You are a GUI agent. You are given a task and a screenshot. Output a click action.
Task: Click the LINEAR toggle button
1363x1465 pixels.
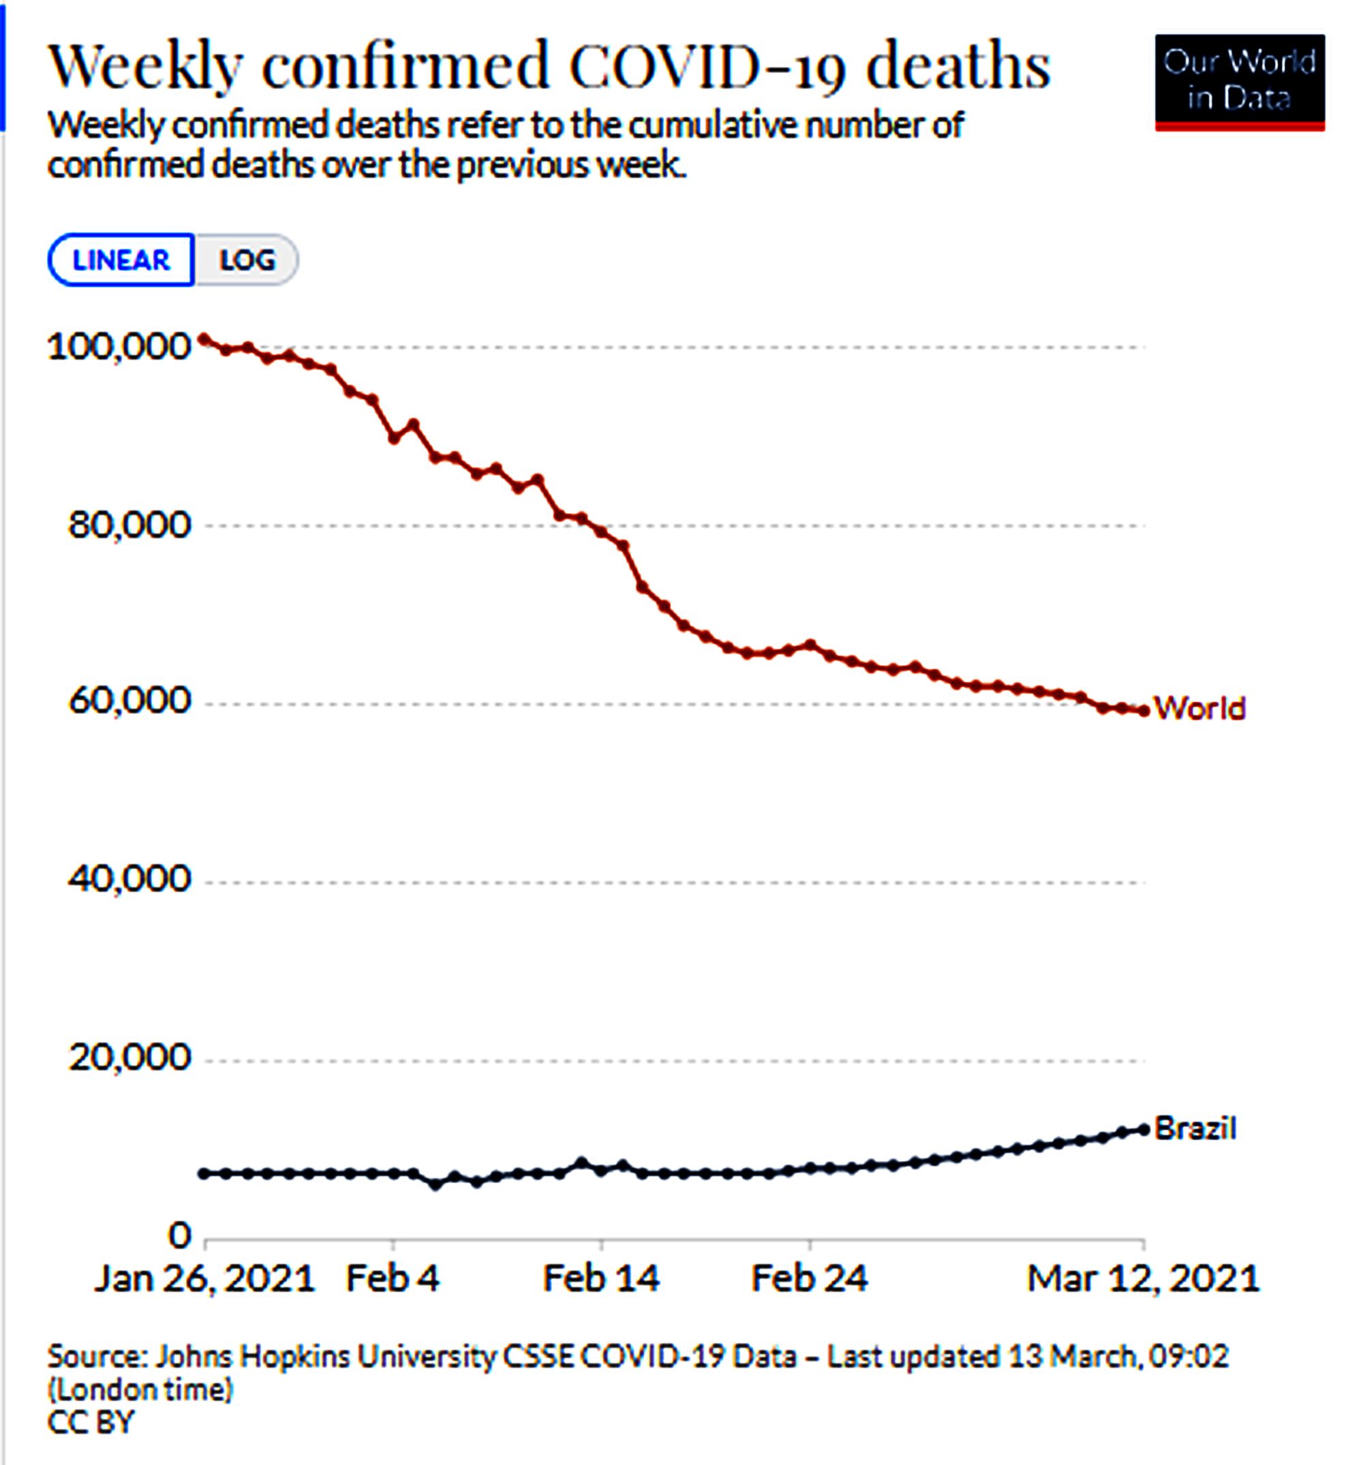121,260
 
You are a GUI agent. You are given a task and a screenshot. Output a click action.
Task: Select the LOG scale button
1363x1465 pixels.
247,260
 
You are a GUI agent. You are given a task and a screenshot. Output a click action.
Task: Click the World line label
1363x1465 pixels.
1199,708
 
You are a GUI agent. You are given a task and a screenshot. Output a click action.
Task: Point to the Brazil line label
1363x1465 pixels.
1195,1128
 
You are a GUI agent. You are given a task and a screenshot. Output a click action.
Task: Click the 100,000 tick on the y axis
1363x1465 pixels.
119,346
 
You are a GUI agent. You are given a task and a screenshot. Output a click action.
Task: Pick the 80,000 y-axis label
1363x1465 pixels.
129,525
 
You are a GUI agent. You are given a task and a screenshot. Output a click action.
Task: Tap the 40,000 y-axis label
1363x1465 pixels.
129,879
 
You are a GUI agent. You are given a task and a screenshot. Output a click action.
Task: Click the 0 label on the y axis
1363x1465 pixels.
179,1235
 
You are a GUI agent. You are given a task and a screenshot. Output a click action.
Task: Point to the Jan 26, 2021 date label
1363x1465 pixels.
205,1278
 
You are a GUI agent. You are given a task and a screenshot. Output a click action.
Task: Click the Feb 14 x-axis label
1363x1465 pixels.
601,1278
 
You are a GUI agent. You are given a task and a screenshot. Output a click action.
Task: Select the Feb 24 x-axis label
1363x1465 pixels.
809,1278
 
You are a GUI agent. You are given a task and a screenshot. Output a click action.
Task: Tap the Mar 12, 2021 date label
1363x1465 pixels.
1143,1278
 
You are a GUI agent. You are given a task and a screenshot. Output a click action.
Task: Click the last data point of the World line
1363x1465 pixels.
1144,711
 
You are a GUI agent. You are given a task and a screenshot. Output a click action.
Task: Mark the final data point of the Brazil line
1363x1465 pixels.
1144,1130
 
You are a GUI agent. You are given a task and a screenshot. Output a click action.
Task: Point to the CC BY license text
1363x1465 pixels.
91,1422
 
